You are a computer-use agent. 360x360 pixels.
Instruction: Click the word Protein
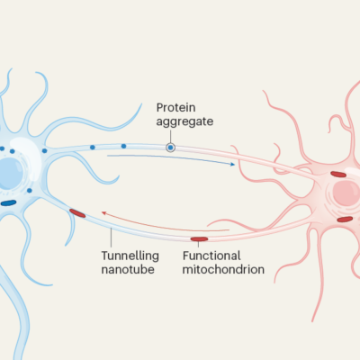coord(176,107)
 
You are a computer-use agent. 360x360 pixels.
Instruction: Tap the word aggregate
coord(184,121)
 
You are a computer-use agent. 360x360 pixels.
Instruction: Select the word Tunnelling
coord(130,256)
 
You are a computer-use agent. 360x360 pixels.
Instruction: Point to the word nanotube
coord(128,269)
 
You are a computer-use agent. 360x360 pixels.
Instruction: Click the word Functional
coord(211,256)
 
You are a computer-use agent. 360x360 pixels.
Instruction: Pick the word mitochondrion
coord(223,269)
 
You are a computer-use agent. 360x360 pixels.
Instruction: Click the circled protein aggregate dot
coord(170,148)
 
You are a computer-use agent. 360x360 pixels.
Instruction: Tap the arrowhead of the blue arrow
coord(232,164)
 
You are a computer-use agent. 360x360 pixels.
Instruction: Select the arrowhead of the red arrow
coord(103,213)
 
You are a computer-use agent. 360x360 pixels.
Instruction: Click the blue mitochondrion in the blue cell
coord(8,203)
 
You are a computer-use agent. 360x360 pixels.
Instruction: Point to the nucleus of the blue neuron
coord(10,174)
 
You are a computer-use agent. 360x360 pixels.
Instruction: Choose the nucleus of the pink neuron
coord(347,193)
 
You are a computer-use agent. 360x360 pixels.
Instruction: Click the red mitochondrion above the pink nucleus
coord(338,174)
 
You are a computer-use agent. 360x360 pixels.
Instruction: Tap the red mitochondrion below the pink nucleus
coord(345,220)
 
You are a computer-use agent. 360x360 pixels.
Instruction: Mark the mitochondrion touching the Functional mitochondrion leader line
coord(199,239)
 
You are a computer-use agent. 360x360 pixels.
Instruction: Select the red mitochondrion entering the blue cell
coord(77,213)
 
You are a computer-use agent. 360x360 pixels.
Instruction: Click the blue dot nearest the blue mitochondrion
coord(30,191)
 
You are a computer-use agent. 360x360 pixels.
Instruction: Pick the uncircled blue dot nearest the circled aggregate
coord(123,146)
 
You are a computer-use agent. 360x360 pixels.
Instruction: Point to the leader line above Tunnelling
coord(112,238)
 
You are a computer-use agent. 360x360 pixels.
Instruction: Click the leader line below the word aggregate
coord(170,137)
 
